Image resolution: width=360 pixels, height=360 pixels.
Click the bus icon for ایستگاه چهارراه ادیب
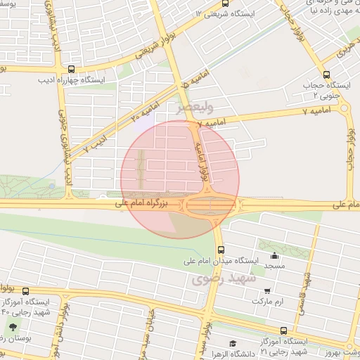pyautogui.click(x=72, y=70)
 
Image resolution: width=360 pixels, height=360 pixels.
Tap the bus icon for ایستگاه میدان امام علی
pyautogui.click(x=221, y=250)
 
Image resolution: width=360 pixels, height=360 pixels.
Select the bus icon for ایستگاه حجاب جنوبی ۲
pyautogui.click(x=326, y=74)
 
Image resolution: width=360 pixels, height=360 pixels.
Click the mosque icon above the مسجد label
pyautogui.click(x=274, y=256)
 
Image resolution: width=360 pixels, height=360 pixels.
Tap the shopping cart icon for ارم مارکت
pyautogui.click(x=267, y=290)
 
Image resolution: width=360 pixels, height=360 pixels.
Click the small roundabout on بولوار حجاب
pyautogui.click(x=345, y=108)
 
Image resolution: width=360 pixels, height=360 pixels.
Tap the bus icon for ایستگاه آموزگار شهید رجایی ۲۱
pyautogui.click(x=283, y=330)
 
